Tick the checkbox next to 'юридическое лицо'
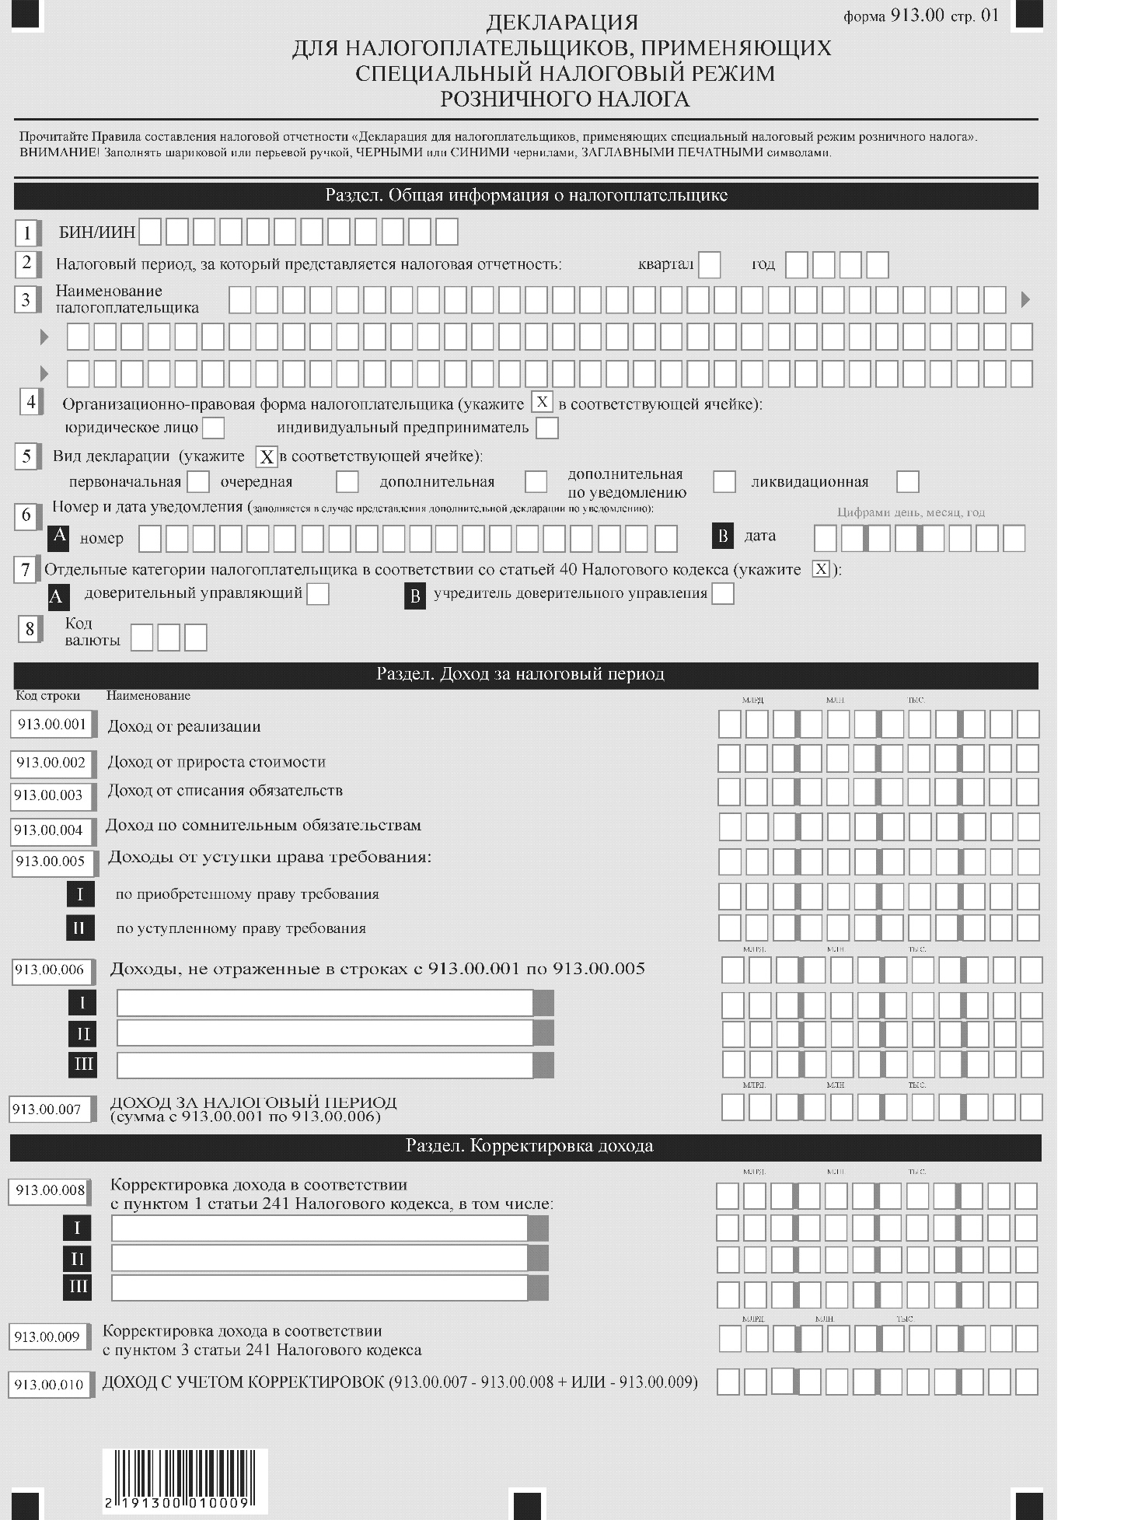pyautogui.click(x=213, y=428)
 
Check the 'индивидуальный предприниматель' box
pyautogui.click(x=547, y=428)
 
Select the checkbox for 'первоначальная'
pyautogui.click(x=199, y=481)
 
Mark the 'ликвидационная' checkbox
pyautogui.click(x=907, y=481)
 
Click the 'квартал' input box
pyautogui.click(x=709, y=265)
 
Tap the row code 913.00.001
pyautogui.click(x=52, y=725)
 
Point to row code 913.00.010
pyautogui.click(x=49, y=1385)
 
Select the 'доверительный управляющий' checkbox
pyautogui.click(x=318, y=594)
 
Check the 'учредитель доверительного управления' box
pyautogui.click(x=723, y=594)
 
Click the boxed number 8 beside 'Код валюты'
pyautogui.click(x=30, y=629)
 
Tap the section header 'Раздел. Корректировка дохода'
pyautogui.click(x=529, y=1146)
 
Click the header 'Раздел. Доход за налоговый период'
pyautogui.click(x=521, y=674)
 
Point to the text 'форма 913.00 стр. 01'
pyautogui.click(x=920, y=16)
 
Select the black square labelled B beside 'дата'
pyautogui.click(x=723, y=536)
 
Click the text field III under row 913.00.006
pyautogui.click(x=325, y=1064)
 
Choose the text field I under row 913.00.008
pyautogui.click(x=319, y=1228)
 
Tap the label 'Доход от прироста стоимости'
pyautogui.click(x=216, y=762)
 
